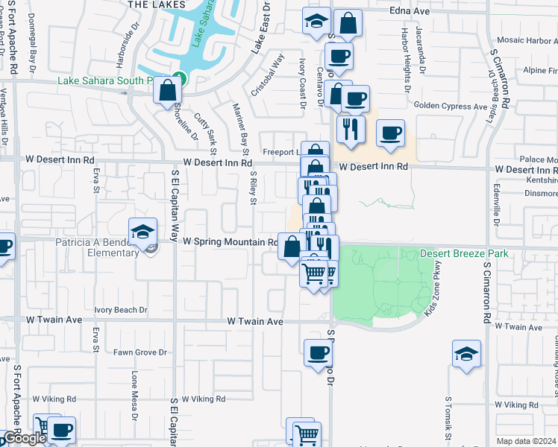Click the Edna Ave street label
pos(410,12)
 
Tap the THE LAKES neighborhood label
pos(157,4)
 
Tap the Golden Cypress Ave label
pos(451,107)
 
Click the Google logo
pos(23,439)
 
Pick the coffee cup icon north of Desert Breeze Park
pos(390,134)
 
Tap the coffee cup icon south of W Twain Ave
pos(318,352)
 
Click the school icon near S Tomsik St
pos(466,354)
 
